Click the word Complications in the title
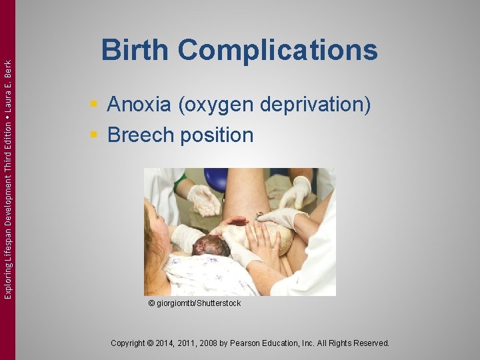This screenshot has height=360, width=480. [278, 51]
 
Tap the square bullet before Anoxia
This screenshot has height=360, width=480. [95, 105]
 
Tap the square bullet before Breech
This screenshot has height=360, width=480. [95, 135]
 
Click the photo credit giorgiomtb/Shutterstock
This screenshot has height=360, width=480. [198, 303]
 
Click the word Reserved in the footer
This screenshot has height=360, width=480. [371, 343]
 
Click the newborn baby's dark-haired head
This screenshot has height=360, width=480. [209, 245]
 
